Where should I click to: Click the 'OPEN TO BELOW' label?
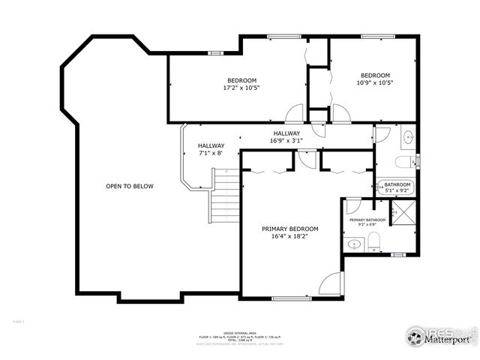pyautogui.click(x=129, y=186)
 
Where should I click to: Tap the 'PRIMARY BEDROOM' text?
pyautogui.click(x=289, y=229)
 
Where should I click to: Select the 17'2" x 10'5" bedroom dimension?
pyautogui.click(x=241, y=88)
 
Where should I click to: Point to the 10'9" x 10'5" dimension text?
pyautogui.click(x=375, y=82)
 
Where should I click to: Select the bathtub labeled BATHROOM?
pyautogui.click(x=397, y=187)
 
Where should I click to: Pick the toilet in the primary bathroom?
pyautogui.click(x=374, y=241)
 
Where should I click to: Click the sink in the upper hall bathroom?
pyautogui.click(x=407, y=137)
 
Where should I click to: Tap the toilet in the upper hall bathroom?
pyautogui.click(x=403, y=161)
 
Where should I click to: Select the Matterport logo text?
pyautogui.click(x=448, y=339)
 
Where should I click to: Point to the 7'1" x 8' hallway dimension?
pyautogui.click(x=211, y=153)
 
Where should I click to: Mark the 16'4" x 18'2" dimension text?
pyautogui.click(x=289, y=236)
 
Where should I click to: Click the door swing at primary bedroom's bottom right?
pyautogui.click(x=331, y=284)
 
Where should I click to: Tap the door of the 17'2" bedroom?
pyautogui.click(x=296, y=113)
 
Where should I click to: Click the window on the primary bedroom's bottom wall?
pyautogui.click(x=291, y=298)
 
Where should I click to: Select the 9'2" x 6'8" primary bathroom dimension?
pyautogui.click(x=367, y=225)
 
